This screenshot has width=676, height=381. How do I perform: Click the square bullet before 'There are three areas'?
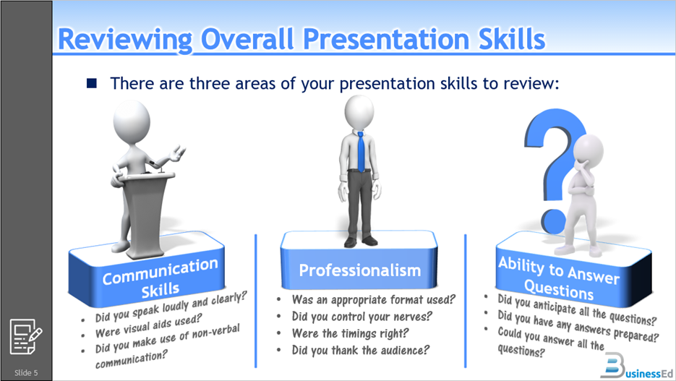(x=92, y=83)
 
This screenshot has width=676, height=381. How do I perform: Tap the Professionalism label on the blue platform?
(x=359, y=270)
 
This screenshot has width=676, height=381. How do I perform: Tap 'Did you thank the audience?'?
(x=360, y=351)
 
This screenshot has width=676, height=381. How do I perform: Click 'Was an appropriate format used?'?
(x=373, y=299)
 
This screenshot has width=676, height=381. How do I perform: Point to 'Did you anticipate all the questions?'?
(x=577, y=309)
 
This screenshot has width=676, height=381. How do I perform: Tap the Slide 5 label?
(x=26, y=372)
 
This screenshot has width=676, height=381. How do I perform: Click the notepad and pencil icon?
(x=26, y=336)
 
